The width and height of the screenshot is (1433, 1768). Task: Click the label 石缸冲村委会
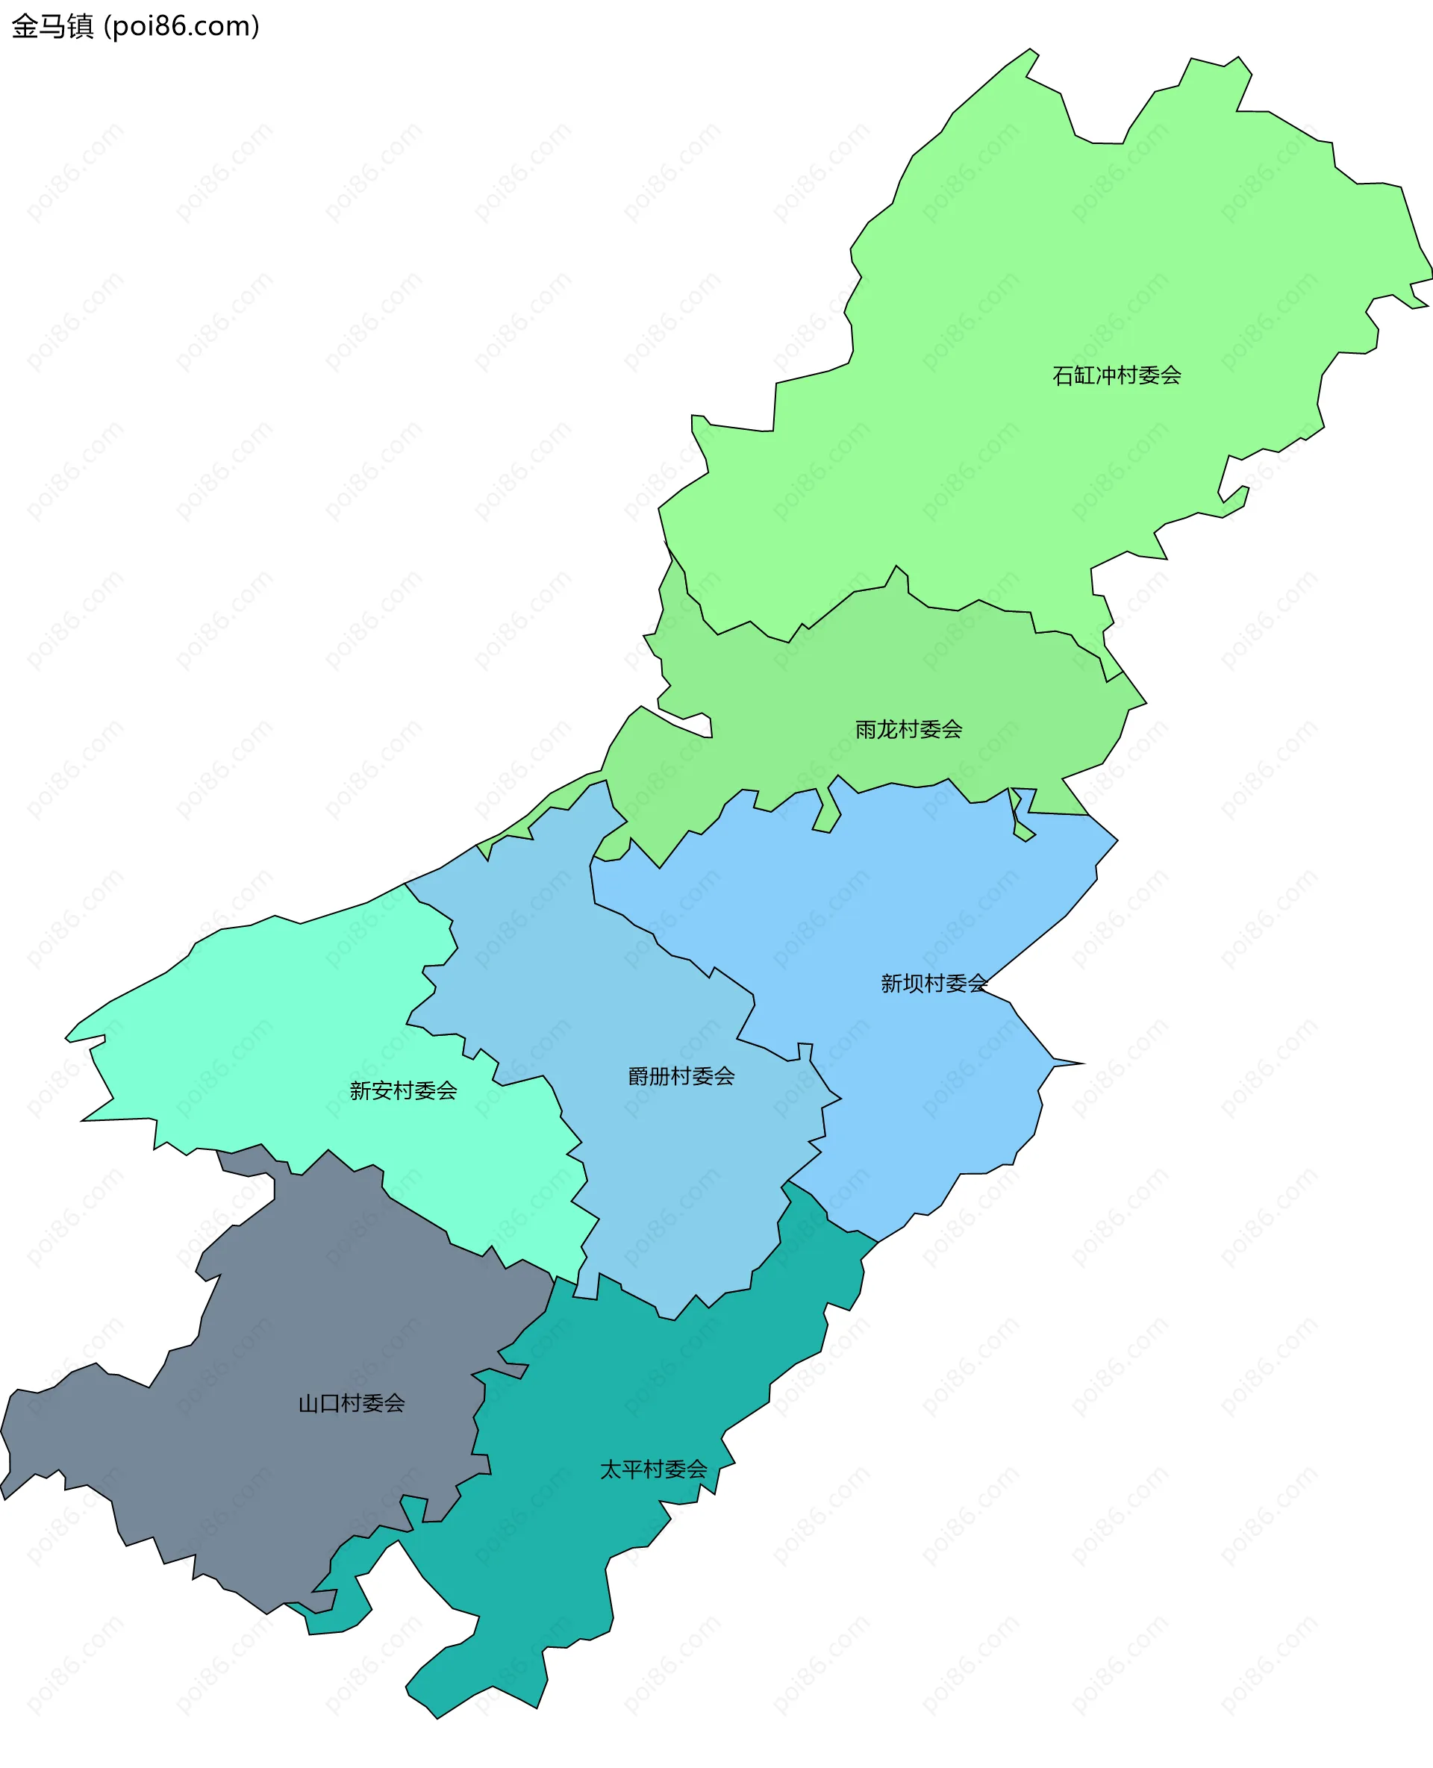pos(1116,375)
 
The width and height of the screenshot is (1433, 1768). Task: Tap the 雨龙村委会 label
pos(908,729)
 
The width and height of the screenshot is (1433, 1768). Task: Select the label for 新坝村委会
pos(934,983)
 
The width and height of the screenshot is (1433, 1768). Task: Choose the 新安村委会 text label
pos(403,1090)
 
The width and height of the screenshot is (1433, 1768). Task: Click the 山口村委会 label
pos(352,1403)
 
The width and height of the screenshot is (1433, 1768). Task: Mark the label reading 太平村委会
pos(653,1469)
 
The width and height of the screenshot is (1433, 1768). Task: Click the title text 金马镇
pos(53,26)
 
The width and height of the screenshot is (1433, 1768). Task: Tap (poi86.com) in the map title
pos(182,26)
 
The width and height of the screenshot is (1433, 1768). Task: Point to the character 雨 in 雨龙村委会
pos(866,729)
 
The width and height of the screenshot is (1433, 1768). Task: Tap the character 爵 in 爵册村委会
pos(639,1076)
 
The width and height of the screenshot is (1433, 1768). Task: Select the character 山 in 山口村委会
pos(309,1403)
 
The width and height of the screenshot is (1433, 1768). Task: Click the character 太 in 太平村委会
pos(610,1469)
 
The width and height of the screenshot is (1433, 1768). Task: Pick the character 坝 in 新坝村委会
pos(913,983)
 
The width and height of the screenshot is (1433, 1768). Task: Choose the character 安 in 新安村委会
pos(382,1090)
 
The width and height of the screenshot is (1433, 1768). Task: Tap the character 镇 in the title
pos(80,26)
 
